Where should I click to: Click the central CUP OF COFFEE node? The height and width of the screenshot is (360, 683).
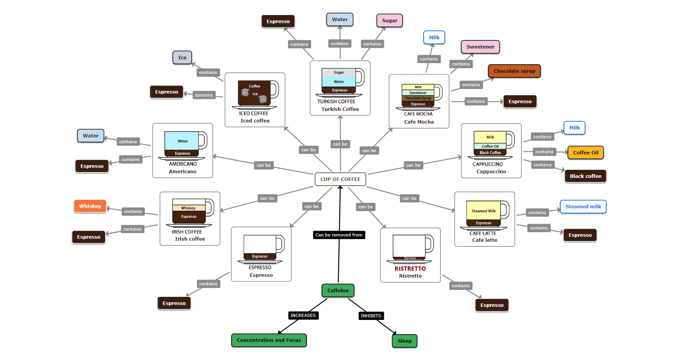click(x=340, y=179)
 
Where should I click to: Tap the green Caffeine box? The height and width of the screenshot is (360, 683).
click(x=338, y=291)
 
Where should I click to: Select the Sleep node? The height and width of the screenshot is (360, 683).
click(x=404, y=341)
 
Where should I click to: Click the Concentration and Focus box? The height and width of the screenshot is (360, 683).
click(x=269, y=340)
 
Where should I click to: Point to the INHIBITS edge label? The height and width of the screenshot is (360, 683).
click(x=371, y=316)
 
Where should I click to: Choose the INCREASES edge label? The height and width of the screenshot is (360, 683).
click(x=303, y=315)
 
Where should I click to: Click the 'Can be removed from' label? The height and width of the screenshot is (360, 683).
click(x=338, y=235)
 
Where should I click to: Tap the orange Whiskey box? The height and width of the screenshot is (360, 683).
click(x=90, y=206)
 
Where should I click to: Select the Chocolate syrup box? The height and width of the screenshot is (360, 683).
click(x=514, y=71)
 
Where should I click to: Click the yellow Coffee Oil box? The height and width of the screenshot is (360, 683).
click(x=585, y=153)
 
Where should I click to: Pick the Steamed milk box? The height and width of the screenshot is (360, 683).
click(x=583, y=207)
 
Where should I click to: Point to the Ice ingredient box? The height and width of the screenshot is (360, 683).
click(x=182, y=58)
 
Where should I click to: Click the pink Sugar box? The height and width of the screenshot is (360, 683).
click(x=389, y=21)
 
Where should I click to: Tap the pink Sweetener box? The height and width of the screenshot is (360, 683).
click(x=480, y=47)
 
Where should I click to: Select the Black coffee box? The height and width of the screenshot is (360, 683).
click(x=585, y=176)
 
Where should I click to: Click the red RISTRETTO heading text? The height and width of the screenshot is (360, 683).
click(x=410, y=269)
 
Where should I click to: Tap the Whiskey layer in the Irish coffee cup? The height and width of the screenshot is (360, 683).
click(x=188, y=208)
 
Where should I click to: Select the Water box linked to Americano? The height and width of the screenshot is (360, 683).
click(x=90, y=136)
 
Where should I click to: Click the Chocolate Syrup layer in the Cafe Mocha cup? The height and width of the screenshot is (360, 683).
click(x=418, y=98)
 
